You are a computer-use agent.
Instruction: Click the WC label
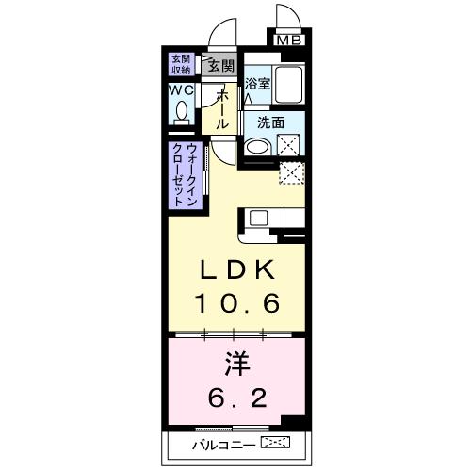(x=181, y=90)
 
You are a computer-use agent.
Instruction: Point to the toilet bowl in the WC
(x=182, y=112)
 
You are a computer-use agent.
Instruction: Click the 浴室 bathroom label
(x=258, y=82)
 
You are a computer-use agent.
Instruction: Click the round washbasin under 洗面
(x=255, y=147)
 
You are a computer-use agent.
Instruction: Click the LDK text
(x=236, y=271)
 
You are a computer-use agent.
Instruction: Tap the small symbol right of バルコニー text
(x=275, y=442)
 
